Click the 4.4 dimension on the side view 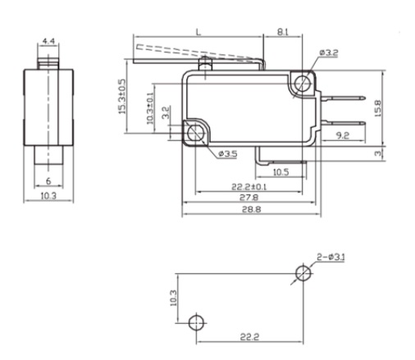tap(48, 41)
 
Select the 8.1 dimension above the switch tap(283, 32)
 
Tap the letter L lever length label tap(198, 32)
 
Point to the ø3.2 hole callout tap(329, 52)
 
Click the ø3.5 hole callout tap(228, 154)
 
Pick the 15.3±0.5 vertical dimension tap(122, 97)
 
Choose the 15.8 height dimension tap(377, 108)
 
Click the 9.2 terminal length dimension tap(343, 135)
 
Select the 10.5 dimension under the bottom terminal tap(281, 172)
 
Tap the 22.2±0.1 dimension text tap(249, 187)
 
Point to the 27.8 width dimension tap(249, 198)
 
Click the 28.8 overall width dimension tap(252, 210)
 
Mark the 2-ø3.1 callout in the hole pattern tap(331, 257)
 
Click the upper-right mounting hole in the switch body tap(303, 82)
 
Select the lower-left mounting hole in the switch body tap(196, 132)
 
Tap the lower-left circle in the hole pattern tap(196, 322)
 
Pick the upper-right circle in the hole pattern tap(303, 273)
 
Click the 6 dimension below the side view tap(48, 181)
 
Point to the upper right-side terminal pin tap(343, 98)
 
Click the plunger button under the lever tap(205, 63)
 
